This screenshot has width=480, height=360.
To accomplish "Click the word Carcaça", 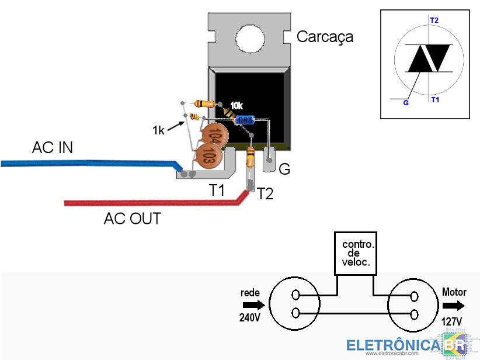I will pos(325,37).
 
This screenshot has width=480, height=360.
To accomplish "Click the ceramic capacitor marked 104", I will pos(214,136).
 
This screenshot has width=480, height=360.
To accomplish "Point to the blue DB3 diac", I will pos(244,120).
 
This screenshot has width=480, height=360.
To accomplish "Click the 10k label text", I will pos(236,105).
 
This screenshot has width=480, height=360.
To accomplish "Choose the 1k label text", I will pos(158,130).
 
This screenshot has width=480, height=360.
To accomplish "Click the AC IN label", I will pos(53,148).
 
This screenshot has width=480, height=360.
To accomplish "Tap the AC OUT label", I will pos(133,219).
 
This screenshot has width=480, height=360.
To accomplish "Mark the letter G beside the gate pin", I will pos(284,169).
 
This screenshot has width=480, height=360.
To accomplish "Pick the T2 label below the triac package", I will pos(265,193).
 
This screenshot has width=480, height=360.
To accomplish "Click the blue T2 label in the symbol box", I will pos(434,20).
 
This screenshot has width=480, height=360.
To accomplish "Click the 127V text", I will pos(451,321).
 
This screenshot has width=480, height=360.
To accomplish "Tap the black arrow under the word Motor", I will pos(454,306).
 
